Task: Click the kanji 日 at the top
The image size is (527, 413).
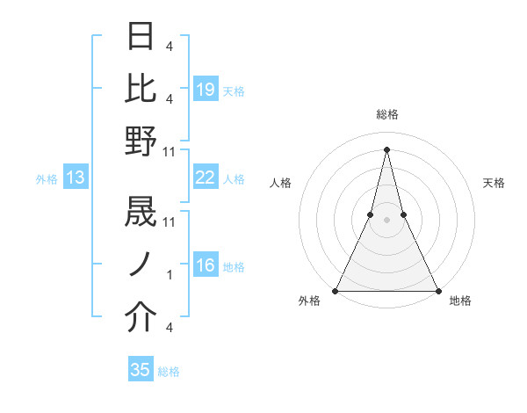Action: tap(141, 37)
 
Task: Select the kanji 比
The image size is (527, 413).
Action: tap(141, 88)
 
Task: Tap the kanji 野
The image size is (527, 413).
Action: tap(141, 141)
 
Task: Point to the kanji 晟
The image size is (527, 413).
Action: tap(141, 214)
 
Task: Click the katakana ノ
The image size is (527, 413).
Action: tap(141, 265)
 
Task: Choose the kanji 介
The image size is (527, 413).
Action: tap(141, 318)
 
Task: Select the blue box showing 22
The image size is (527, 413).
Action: tap(206, 178)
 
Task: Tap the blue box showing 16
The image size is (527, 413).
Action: tap(206, 266)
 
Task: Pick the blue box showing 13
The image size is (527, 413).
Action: tap(75, 178)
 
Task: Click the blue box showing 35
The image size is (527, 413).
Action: tap(141, 370)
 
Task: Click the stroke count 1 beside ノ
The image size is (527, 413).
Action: tap(170, 275)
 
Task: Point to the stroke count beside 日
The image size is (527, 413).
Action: tap(169, 46)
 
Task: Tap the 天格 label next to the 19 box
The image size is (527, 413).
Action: tap(234, 90)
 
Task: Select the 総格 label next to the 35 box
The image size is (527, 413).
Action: tap(169, 372)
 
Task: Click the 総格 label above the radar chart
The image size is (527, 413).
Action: tap(386, 114)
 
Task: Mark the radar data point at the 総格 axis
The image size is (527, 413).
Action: tap(386, 149)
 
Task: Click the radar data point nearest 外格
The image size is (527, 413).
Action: tap(336, 290)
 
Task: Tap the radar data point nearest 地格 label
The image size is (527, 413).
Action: tap(437, 290)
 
